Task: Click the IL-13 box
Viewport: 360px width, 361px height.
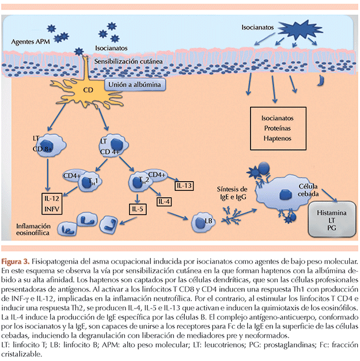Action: (x=184, y=186)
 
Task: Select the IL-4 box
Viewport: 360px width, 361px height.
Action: (x=164, y=202)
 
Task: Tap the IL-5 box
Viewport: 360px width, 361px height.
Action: (x=138, y=209)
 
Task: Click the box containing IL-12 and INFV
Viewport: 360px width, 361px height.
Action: (x=52, y=204)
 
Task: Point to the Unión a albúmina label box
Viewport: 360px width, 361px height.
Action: (x=135, y=85)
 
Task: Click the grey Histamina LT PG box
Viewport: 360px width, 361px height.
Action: (x=332, y=219)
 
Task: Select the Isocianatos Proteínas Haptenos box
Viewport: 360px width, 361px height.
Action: (x=278, y=129)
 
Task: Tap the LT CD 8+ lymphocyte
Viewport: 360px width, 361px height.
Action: (x=51, y=146)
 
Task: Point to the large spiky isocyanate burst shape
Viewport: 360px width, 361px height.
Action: (x=300, y=29)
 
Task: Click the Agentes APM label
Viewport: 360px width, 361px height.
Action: (x=31, y=42)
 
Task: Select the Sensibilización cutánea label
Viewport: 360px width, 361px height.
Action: (x=128, y=62)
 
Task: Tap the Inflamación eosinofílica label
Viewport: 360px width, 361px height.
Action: (x=33, y=230)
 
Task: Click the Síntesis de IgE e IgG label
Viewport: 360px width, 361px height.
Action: (x=232, y=193)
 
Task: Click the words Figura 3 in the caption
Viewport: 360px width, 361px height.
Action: (x=15, y=262)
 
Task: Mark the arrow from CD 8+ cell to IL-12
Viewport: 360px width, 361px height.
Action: (x=48, y=175)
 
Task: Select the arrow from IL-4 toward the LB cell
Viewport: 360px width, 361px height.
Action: (x=178, y=216)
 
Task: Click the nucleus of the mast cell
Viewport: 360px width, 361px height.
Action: (x=286, y=194)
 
